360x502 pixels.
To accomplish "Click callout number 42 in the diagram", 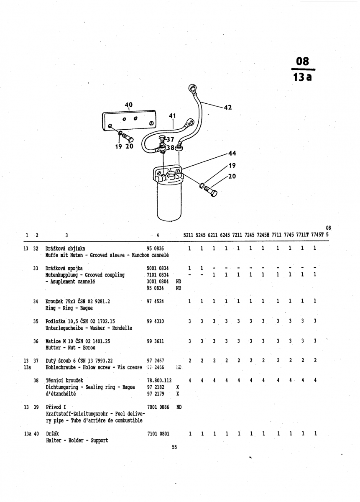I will pos(228,108).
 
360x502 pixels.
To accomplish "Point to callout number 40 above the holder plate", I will pos(128,105).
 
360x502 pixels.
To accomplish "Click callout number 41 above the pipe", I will pos(172,115).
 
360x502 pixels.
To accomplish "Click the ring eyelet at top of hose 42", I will pos(193,89).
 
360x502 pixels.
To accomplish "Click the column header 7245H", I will pos(263,235).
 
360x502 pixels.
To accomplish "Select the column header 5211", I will pos(189,235).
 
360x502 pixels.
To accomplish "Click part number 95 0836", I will pos(156,248).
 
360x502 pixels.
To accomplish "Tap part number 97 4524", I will pos(156,301).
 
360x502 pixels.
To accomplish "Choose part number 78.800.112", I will pos(159,380).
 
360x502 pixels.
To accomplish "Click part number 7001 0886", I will pos(158,407).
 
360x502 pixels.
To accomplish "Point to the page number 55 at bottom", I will pos(174,447).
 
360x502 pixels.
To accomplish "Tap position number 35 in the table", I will pos(36,321).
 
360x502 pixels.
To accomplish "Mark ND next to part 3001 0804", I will pos(179,282).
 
